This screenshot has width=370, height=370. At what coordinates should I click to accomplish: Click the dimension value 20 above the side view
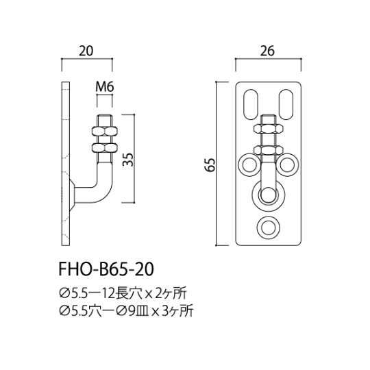(x=86, y=51)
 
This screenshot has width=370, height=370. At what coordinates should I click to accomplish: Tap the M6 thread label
(x=105, y=87)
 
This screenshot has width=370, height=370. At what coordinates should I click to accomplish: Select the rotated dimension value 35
(x=128, y=160)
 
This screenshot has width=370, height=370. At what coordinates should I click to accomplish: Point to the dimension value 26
(x=267, y=51)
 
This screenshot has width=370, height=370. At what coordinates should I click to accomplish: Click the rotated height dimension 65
(x=210, y=164)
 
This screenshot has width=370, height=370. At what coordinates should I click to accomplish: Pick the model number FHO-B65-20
(x=106, y=269)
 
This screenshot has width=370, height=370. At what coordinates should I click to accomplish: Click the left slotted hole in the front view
(x=251, y=105)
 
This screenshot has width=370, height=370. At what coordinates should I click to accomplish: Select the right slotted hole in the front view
(x=286, y=105)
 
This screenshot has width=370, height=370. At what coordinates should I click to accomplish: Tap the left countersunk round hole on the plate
(x=249, y=164)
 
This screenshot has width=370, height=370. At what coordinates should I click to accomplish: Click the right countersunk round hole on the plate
(x=288, y=164)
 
